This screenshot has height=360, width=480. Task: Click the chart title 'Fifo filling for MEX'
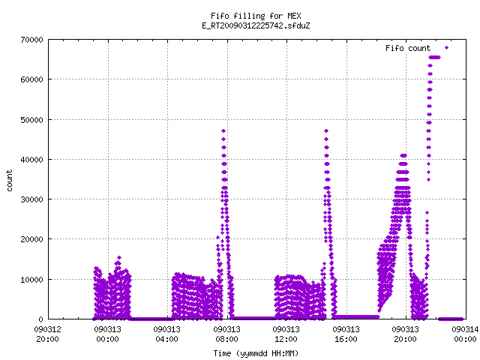(x=256, y=16)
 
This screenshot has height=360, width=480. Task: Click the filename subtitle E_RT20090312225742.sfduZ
(x=256, y=25)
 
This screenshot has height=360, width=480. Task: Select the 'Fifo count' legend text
(x=408, y=48)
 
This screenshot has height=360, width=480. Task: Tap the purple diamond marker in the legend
(x=447, y=48)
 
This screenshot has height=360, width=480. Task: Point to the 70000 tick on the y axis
(x=31, y=40)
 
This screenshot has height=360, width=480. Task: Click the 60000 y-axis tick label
(x=31, y=79)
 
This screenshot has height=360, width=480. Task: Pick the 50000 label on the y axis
(x=31, y=120)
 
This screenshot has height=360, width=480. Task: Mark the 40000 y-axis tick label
(x=31, y=160)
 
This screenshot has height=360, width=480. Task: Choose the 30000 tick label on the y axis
(x=31, y=199)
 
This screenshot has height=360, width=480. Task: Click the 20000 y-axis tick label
(x=31, y=239)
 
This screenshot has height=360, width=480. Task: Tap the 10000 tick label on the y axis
(x=31, y=280)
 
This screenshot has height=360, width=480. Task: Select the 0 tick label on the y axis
(x=41, y=319)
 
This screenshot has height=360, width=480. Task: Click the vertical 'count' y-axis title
(x=9, y=181)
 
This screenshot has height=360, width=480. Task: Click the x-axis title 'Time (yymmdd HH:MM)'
(x=256, y=353)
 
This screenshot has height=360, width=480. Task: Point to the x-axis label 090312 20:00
(x=48, y=334)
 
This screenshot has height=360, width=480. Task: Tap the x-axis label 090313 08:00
(x=226, y=334)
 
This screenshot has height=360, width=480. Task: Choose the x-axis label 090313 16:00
(x=346, y=334)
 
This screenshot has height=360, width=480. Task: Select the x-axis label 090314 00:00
(x=465, y=334)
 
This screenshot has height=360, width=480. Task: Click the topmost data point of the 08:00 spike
(x=223, y=131)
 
